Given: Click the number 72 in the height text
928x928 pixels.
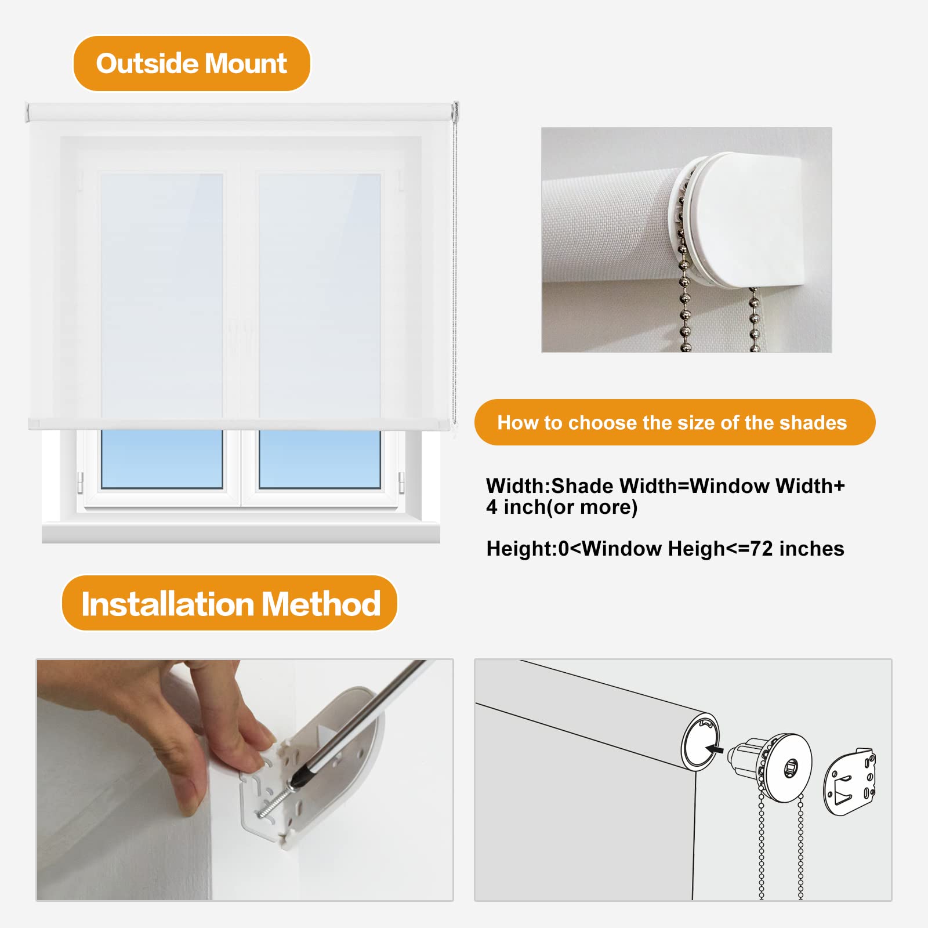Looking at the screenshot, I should pyautogui.click(x=762, y=549).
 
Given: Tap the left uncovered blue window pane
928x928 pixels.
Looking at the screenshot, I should pyautogui.click(x=162, y=459).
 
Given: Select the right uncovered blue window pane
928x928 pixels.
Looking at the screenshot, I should pyautogui.click(x=320, y=459).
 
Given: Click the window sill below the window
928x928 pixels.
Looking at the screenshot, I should pyautogui.click(x=241, y=532).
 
